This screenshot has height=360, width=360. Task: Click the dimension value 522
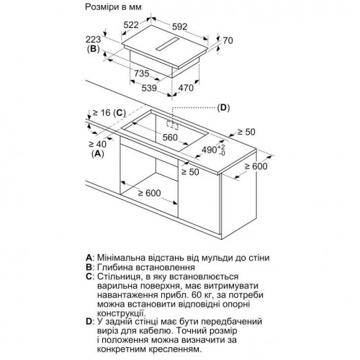pyautogui.click(x=131, y=24)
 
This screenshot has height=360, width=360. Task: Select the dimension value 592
pyautogui.click(x=180, y=27)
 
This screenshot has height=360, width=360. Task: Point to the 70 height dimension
pyautogui.click(x=228, y=40)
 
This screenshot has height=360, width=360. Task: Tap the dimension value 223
pyautogui.click(x=94, y=40)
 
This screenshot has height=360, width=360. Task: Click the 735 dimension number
pyautogui.click(x=142, y=73)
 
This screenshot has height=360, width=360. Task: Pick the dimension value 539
pyautogui.click(x=149, y=88)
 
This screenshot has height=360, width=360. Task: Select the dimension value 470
pyautogui.click(x=186, y=88)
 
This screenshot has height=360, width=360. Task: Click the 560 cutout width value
pyautogui.click(x=170, y=138)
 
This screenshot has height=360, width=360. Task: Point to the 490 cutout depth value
pyautogui.click(x=213, y=150)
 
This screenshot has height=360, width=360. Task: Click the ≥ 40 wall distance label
pyautogui.click(x=98, y=144)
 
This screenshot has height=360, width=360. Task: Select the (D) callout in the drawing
pyautogui.click(x=223, y=108)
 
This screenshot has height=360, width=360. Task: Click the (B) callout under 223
pyautogui.click(x=93, y=49)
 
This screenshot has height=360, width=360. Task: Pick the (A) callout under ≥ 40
pyautogui.click(x=98, y=153)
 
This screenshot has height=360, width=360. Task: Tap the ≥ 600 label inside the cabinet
pyautogui.click(x=149, y=193)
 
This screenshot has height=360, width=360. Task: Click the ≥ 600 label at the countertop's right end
pyautogui.click(x=256, y=166)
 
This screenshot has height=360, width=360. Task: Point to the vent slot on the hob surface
pyautogui.click(x=167, y=44)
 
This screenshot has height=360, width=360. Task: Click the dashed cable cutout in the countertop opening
pyautogui.click(x=173, y=125)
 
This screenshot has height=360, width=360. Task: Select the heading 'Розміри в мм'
pyautogui.click(x=113, y=7)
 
